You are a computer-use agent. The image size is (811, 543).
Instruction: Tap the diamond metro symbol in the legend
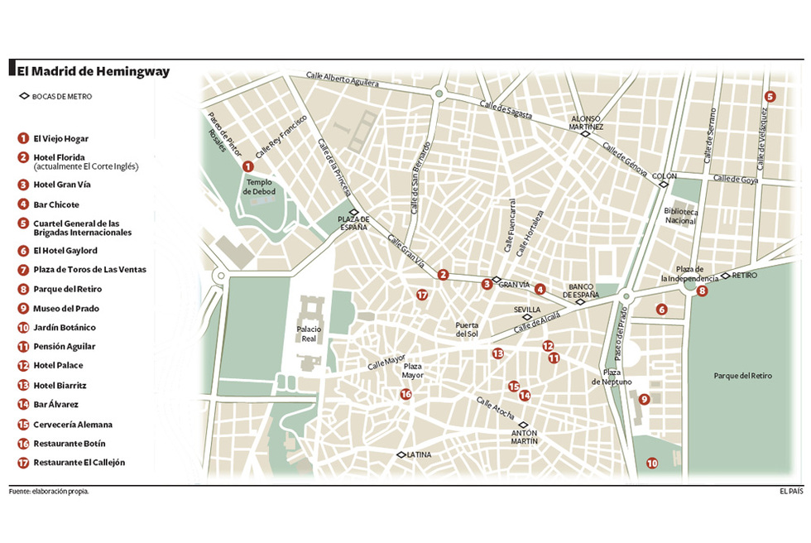pos(24,96)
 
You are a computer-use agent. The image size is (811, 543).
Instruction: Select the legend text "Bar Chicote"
pos(56,204)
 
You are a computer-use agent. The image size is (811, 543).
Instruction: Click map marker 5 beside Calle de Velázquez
pos(770,96)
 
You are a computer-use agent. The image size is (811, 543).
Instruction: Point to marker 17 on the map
pos(422,295)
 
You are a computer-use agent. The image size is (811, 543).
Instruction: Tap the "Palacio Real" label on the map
pos(309,333)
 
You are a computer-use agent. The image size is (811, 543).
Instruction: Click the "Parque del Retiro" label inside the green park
pos(742,376)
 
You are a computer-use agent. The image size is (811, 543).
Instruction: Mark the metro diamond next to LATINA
pos(401,454)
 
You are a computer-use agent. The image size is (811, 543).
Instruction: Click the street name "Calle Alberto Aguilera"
pos(342,79)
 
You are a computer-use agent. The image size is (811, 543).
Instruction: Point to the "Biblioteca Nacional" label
pos(681,216)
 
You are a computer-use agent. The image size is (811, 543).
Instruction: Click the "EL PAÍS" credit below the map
pos(791,491)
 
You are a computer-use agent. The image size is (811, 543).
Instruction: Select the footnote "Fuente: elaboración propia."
pos(49,491)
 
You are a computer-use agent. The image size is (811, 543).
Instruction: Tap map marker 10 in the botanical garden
pos(652,464)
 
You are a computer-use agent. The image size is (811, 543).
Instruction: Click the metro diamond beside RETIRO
pos(725,276)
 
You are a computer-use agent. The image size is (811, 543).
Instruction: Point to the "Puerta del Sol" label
pos(467,329)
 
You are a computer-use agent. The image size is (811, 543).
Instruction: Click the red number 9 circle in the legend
pos(23,308)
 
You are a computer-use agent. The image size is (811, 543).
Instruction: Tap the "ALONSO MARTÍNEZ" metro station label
pos(588,123)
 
